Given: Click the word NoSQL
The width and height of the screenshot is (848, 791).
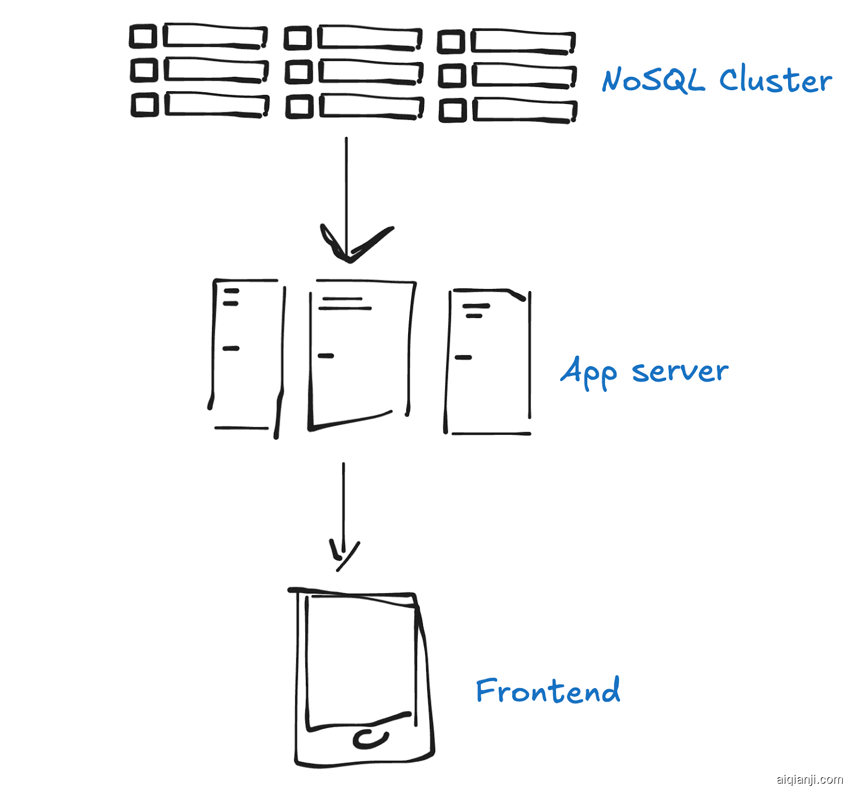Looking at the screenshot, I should point(653,81).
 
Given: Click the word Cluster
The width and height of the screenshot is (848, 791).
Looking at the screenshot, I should point(775,81).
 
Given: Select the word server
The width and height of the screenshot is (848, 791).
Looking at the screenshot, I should point(680,372).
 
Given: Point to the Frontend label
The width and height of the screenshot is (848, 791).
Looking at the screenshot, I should point(548,691).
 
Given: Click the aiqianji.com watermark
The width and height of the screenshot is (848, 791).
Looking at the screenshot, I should point(809,779).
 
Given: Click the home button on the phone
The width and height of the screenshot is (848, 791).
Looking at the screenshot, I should point(370,739).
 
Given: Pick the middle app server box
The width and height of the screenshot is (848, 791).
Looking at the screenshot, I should point(360,353).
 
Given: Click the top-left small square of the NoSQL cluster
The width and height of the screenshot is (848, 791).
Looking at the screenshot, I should point(143,37).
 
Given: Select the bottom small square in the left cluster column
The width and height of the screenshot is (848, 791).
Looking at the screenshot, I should point(145,105).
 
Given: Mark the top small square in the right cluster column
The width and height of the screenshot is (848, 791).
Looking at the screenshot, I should point(451,42).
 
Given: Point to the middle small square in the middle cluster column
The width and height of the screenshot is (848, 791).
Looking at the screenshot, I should point(298,72).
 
